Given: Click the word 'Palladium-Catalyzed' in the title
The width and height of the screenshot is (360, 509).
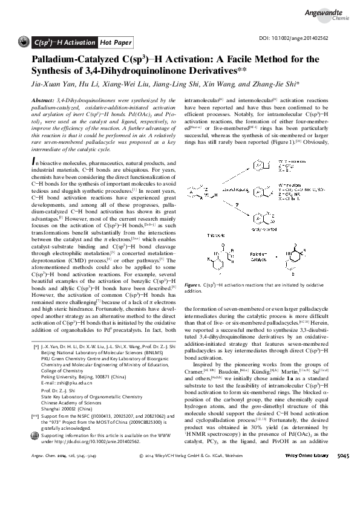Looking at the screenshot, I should pos(75,59).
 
